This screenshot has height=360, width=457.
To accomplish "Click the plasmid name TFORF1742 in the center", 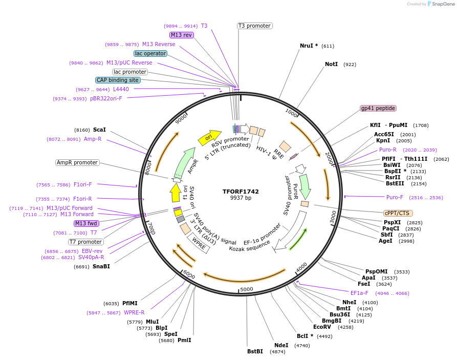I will [x=241, y=192].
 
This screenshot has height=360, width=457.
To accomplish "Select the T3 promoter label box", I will [x=254, y=26].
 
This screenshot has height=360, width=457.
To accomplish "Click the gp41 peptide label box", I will [x=378, y=108].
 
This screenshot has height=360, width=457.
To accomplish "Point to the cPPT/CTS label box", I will [x=398, y=213].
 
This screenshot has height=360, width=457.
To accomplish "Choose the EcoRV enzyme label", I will [x=322, y=327].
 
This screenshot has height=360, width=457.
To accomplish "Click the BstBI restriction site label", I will [x=255, y=351].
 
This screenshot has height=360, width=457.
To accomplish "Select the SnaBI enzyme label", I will [x=101, y=266].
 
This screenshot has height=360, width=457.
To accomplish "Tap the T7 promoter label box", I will [x=86, y=242].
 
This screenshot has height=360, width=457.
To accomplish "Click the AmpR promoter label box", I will [x=77, y=162].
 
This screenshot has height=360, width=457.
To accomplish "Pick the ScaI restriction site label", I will [x=99, y=130].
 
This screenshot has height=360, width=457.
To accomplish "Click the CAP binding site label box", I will [x=117, y=80].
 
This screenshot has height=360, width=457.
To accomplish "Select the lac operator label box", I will [x=150, y=53].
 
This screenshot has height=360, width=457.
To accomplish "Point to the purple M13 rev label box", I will [x=182, y=35].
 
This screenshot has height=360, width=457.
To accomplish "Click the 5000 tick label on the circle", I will [x=247, y=289].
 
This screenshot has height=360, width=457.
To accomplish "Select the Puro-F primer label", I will [x=395, y=197].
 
